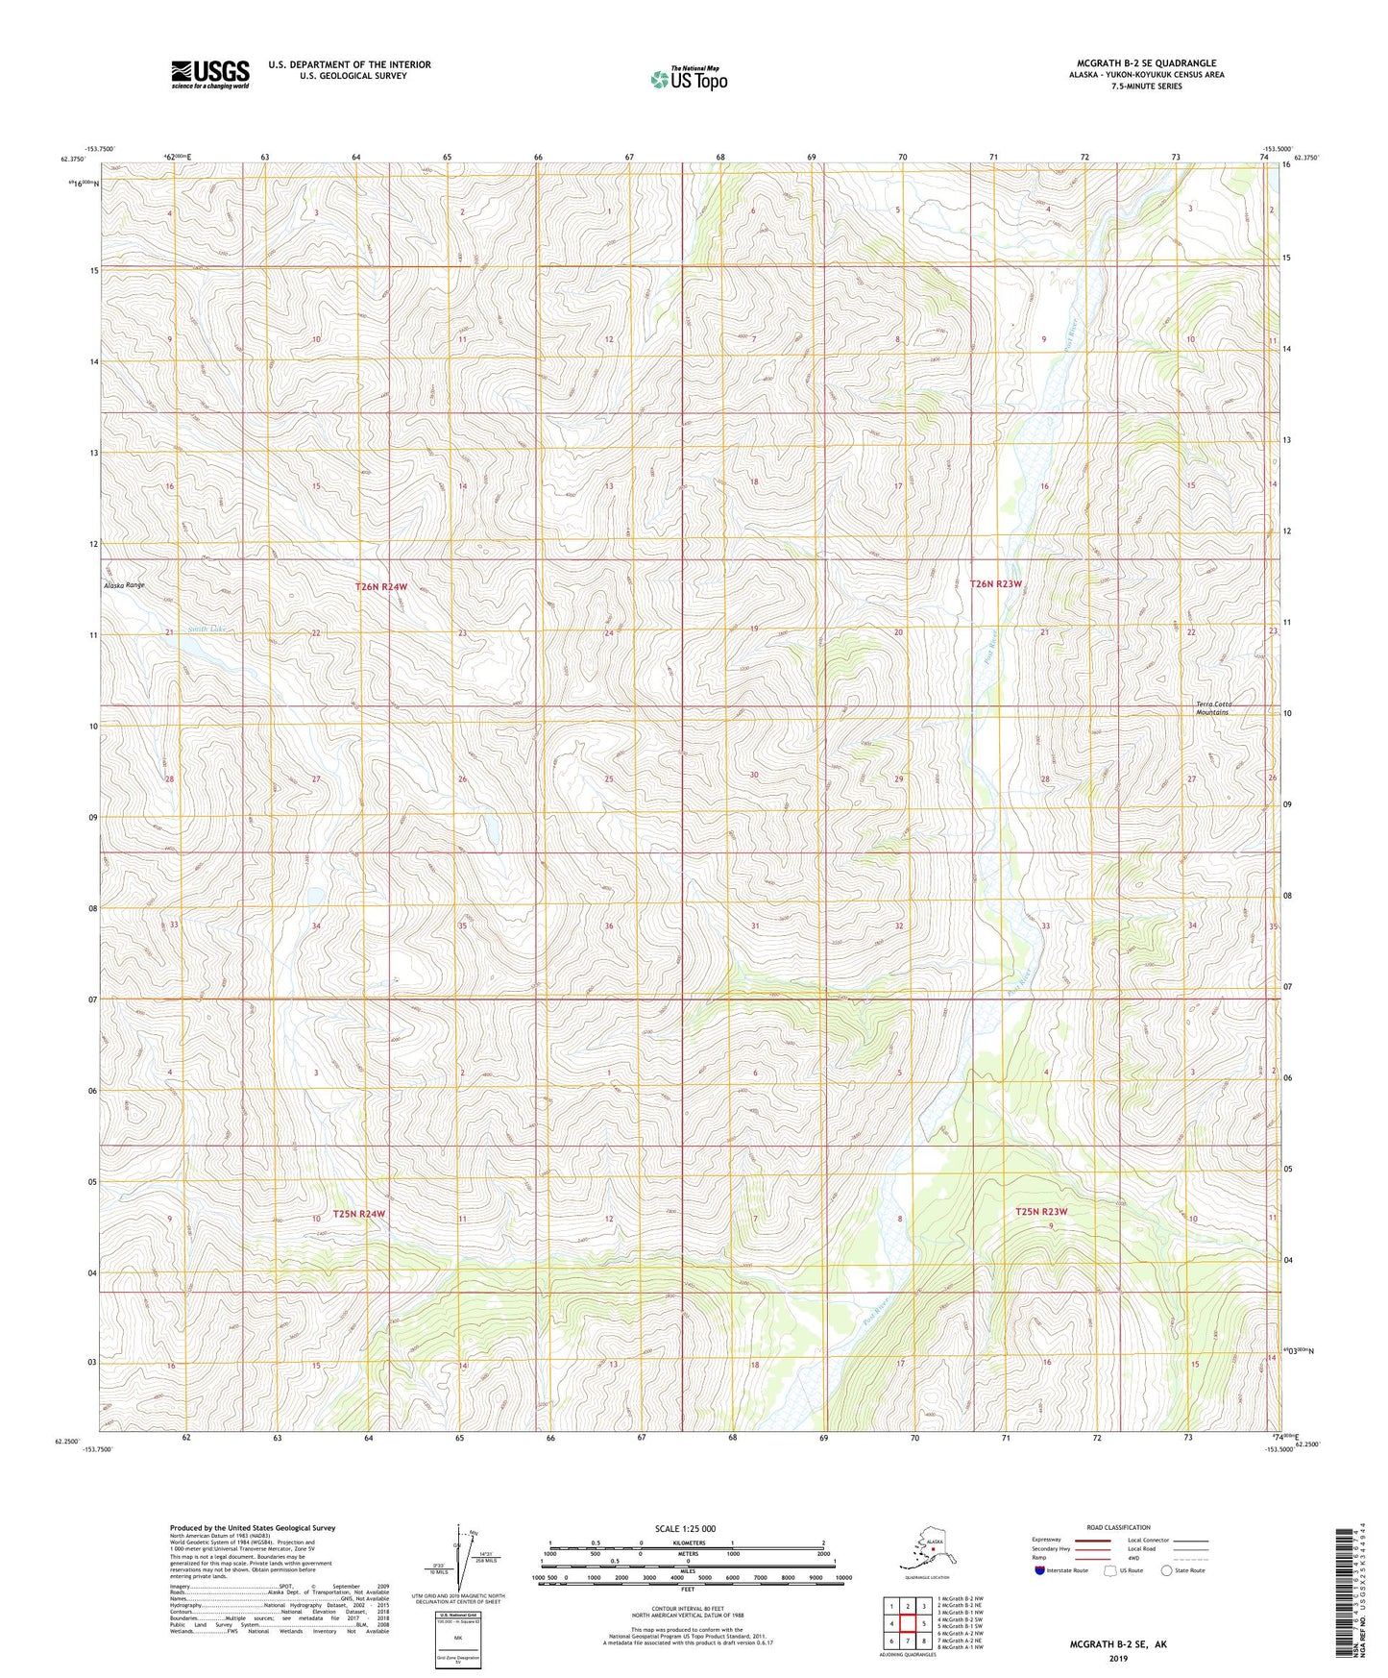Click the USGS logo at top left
(x=209, y=74)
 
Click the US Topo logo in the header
(x=688, y=79)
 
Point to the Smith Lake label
(x=207, y=629)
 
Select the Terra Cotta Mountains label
(x=1213, y=708)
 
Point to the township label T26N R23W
(x=995, y=583)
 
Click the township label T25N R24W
(x=359, y=1214)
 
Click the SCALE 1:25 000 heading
(x=685, y=1528)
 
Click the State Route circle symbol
(x=1166, y=1571)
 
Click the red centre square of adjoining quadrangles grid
(x=908, y=1623)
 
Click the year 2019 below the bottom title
(x=1118, y=1658)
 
